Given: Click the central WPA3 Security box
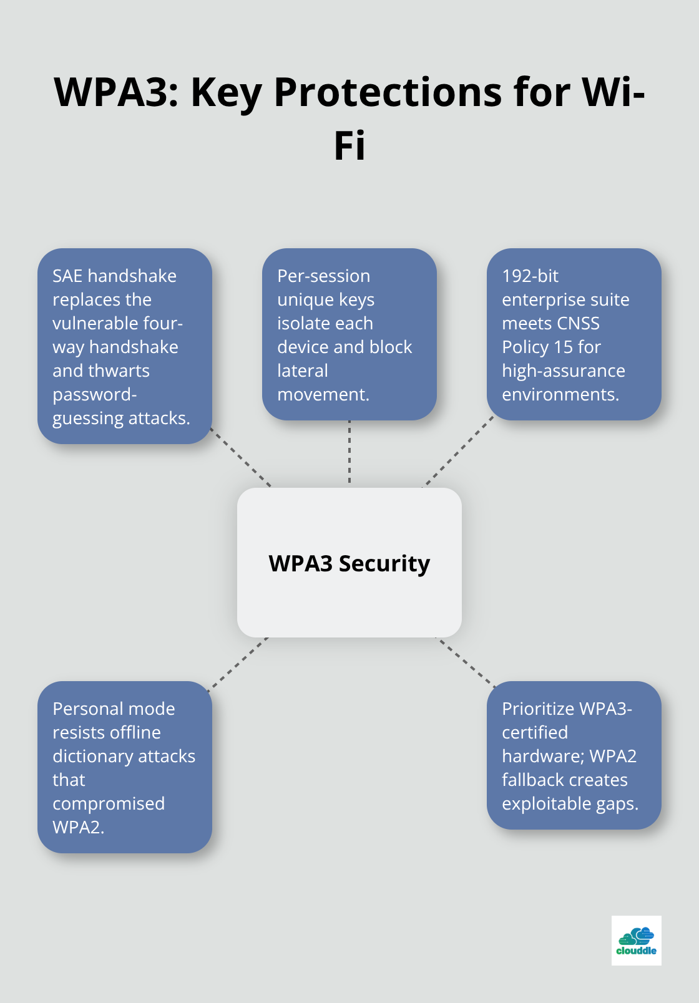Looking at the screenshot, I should pos(349,563).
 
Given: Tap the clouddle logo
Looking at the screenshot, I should pos(636,941).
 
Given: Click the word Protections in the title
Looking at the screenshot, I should pos(388,92).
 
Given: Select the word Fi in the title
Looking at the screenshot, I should pos(349,147).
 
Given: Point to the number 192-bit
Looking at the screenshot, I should pos(530,276).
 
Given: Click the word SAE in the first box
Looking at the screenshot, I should pos(67,276).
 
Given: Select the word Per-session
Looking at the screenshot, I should pos(323,276).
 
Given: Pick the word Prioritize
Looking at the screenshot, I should pos(538,709).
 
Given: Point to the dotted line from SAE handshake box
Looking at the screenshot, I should pos(242,458).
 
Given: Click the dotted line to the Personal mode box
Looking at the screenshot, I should pos(238,664).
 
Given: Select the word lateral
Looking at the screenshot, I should pos(302,371).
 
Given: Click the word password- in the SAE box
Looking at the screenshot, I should pos(94,394).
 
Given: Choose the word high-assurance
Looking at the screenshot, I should pos(563,371).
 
